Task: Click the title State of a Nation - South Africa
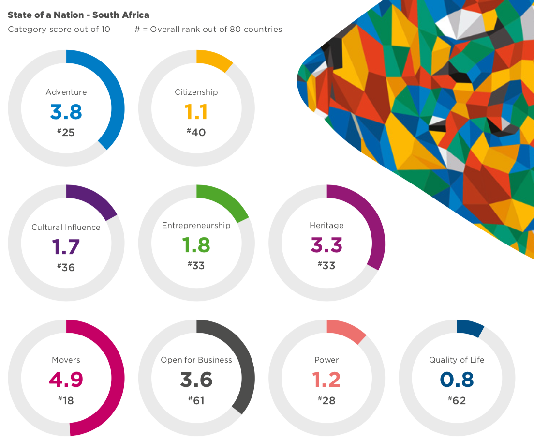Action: click(x=78, y=15)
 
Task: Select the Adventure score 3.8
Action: click(x=66, y=112)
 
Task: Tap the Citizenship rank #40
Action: click(x=196, y=132)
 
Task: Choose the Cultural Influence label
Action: click(x=66, y=227)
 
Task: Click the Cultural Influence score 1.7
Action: click(x=66, y=247)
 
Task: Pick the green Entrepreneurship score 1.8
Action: click(x=196, y=245)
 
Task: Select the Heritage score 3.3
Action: click(x=326, y=245)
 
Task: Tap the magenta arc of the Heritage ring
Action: click(x=376, y=228)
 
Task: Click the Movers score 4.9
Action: click(x=66, y=380)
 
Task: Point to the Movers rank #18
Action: click(x=66, y=400)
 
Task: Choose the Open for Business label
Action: click(x=196, y=360)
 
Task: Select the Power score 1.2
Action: click(x=326, y=380)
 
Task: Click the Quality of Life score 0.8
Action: click(x=457, y=380)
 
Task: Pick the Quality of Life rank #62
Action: click(x=457, y=400)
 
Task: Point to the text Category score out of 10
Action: click(x=59, y=29)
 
